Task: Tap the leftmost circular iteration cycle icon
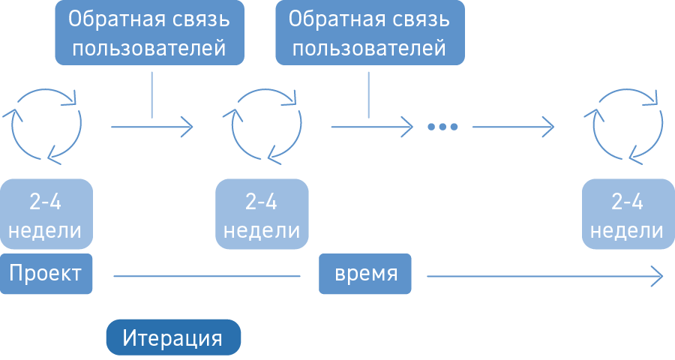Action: coord(44,124)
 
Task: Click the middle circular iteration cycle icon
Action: coord(263,124)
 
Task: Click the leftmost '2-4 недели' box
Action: coord(45,214)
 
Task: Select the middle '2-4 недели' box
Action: coord(262,214)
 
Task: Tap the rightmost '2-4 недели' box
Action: coord(627,214)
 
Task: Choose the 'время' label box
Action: coord(364,274)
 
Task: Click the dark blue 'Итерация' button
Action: coord(173,337)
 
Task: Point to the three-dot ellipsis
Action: coord(442,127)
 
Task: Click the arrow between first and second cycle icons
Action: coord(151,127)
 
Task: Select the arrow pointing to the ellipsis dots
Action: coord(371,127)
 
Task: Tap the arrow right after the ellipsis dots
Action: coord(513,127)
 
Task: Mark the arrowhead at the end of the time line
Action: coord(657,276)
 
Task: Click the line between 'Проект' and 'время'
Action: coord(206,276)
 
